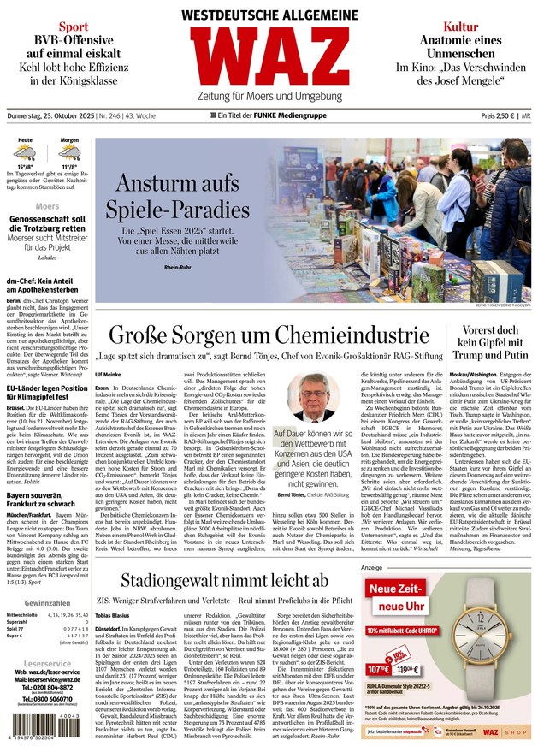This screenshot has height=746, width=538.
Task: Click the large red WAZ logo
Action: click(269, 73)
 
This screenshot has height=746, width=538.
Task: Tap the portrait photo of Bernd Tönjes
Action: click(312, 397)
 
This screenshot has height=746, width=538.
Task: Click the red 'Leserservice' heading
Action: click(48, 664)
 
